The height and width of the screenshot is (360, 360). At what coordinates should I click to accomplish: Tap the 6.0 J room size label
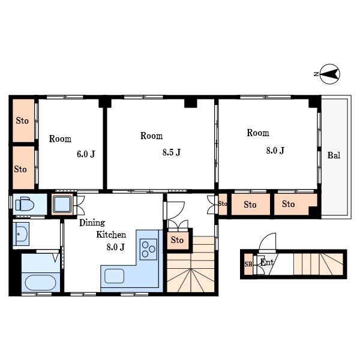tap(86, 154)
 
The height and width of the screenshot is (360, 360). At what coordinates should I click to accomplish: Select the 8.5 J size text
tap(172, 152)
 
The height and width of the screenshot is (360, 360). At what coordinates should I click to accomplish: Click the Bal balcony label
tap(334, 155)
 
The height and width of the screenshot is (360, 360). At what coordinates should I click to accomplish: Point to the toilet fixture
tap(25, 204)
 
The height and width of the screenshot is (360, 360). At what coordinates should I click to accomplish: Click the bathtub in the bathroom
tap(40, 283)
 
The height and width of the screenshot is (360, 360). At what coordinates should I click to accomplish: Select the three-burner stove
tap(149, 249)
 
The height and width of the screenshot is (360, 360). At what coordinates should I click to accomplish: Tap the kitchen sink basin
tap(115, 276)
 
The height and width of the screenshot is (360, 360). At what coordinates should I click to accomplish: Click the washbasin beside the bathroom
tap(21, 234)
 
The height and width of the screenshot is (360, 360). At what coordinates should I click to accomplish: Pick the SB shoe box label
tap(248, 264)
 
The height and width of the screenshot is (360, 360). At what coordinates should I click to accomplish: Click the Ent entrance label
tap(267, 262)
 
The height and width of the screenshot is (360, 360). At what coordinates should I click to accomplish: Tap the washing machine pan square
tap(62, 205)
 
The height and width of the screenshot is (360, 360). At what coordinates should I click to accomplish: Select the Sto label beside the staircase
tap(177, 240)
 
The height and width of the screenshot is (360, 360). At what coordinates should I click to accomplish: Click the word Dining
tap(92, 223)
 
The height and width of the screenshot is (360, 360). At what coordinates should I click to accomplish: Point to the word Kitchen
tap(111, 235)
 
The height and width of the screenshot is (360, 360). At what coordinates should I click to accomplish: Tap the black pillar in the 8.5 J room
tap(191, 103)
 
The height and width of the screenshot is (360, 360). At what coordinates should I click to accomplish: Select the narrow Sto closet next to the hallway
tap(223, 205)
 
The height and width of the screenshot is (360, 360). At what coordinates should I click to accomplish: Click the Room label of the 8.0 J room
tap(258, 133)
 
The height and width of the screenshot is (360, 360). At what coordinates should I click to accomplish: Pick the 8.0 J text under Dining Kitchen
tap(115, 247)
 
